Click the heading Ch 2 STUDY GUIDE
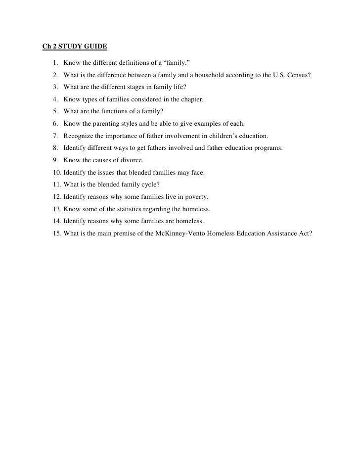[x=74, y=48]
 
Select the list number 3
[x=53, y=88]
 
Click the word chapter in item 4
[x=191, y=99]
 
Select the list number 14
[x=55, y=220]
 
